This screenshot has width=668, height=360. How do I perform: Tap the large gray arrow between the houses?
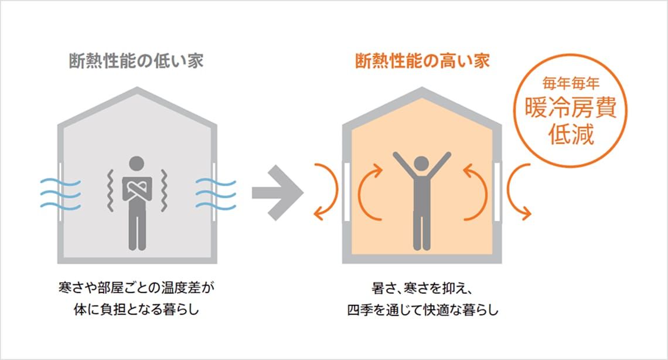point(278,192)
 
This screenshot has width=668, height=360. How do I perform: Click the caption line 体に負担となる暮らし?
point(137,310)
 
